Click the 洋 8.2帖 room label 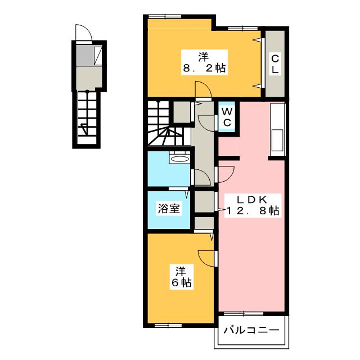(x=204, y=62)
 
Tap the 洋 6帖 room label (x=181, y=277)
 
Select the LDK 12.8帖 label (x=253, y=205)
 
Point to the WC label (x=227, y=118)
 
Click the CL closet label (x=275, y=64)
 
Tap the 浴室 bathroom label (x=169, y=208)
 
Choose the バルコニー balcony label (x=251, y=331)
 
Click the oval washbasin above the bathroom (x=180, y=159)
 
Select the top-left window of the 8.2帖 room (x=165, y=16)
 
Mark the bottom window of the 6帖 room (x=168, y=325)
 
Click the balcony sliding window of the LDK (x=244, y=314)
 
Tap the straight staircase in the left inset (x=87, y=118)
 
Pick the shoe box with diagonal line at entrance (x=98, y=55)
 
